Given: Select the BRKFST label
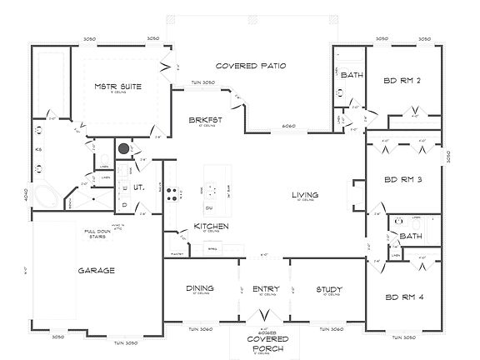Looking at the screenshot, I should pos(203,121).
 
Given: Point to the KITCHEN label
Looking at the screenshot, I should pos(212,226).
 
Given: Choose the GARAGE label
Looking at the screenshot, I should pos(97,270).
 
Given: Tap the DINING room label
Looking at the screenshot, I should pos(200,288).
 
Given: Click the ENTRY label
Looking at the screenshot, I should pos(264,288).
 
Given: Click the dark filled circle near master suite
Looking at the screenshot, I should pos(123,148).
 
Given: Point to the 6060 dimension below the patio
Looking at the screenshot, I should pos(287,127).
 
